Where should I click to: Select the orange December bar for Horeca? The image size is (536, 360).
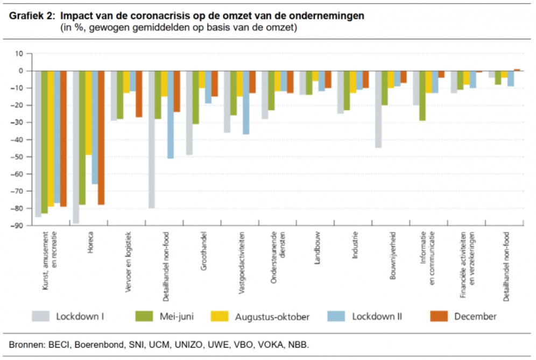[x=101, y=138]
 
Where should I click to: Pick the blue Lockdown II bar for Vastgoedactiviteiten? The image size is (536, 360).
[x=246, y=102]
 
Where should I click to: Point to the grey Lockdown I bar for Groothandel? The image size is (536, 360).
[x=189, y=113]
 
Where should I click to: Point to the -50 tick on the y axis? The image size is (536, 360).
[x=21, y=157]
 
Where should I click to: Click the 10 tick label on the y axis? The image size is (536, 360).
[x=21, y=54]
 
